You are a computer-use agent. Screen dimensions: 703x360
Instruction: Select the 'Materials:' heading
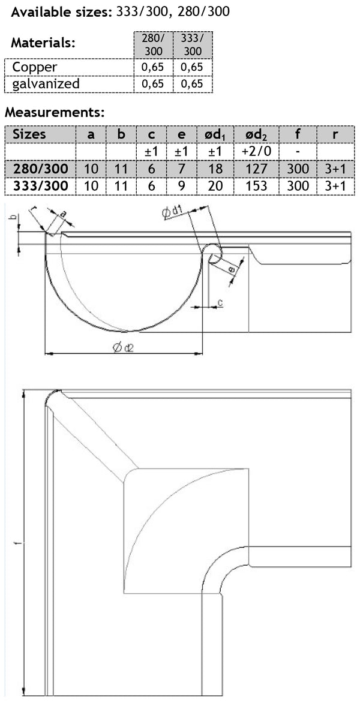(44, 43)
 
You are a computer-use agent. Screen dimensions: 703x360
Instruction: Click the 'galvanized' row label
(46, 83)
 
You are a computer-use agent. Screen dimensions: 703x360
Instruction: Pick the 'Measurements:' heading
(55, 112)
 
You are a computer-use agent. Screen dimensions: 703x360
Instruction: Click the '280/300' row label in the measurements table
(40, 169)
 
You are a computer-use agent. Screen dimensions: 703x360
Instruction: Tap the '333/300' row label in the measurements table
(40, 185)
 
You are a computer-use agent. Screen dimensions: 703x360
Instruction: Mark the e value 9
(182, 185)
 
